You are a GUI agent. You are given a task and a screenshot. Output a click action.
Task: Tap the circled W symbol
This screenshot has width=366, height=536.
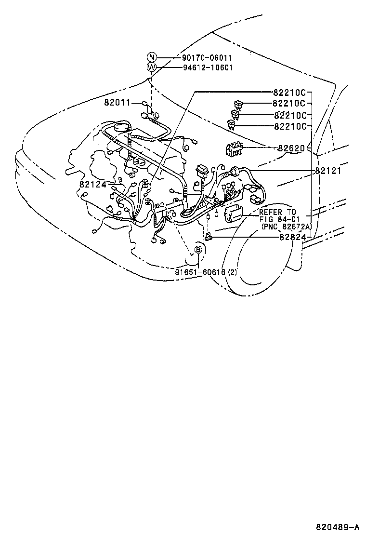point(152,67)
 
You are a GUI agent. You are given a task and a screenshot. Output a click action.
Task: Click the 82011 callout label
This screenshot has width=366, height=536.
point(117,103)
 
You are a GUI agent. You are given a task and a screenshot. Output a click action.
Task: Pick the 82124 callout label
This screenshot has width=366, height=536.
point(93,184)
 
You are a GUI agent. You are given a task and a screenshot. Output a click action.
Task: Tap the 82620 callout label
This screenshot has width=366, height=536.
point(291,148)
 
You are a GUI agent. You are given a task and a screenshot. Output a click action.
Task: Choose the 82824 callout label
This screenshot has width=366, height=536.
point(291,237)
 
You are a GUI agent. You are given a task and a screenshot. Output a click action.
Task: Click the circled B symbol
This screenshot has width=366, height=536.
point(198,249)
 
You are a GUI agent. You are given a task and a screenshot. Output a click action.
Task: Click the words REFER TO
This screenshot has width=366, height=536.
point(278,212)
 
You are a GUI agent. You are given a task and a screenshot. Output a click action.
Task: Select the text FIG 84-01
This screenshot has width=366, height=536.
point(279,219)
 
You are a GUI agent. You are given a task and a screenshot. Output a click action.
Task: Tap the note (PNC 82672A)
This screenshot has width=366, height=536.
point(287,226)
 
